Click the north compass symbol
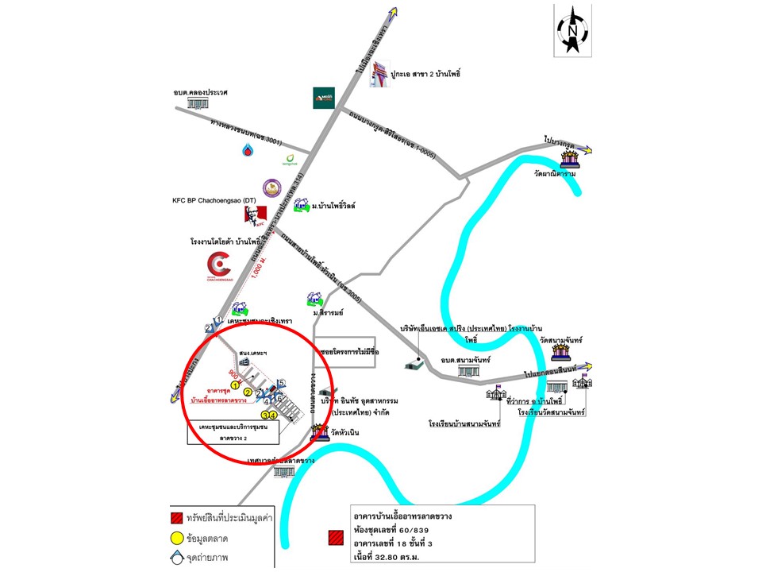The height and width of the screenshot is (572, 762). (x=571, y=29)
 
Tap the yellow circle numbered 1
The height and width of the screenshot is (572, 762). (x=225, y=385)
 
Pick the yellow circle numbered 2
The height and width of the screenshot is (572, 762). (x=248, y=392)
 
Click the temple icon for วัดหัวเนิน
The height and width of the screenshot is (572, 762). (x=319, y=432)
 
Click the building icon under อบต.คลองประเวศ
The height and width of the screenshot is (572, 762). (x=200, y=104)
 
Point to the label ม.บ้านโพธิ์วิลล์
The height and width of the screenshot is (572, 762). (x=333, y=206)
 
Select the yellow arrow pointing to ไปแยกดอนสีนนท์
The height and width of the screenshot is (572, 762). (x=588, y=366)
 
